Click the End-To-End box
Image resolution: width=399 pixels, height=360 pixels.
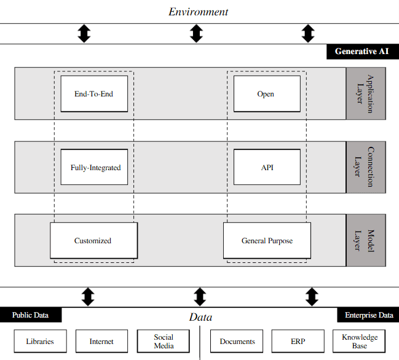(x=94, y=94)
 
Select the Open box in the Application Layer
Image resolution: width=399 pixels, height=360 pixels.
(x=266, y=94)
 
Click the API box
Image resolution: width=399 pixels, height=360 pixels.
(x=266, y=167)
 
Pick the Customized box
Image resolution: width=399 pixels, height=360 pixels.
(x=93, y=241)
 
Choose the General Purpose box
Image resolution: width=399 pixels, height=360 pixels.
(x=267, y=241)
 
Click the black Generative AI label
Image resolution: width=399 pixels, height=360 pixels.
(x=362, y=52)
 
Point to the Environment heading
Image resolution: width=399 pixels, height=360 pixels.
(x=198, y=12)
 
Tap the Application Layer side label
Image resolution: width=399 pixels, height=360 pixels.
(x=366, y=93)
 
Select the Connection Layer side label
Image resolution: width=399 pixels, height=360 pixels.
(x=366, y=166)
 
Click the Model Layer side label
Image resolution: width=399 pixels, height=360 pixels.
(x=366, y=240)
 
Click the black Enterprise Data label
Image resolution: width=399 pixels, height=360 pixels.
(x=368, y=315)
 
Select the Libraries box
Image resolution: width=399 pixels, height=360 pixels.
(x=40, y=342)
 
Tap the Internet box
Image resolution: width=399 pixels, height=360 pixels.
(x=101, y=342)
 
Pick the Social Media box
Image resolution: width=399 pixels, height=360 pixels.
(x=163, y=342)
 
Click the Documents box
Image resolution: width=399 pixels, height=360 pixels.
(x=237, y=342)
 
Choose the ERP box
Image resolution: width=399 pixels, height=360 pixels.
(x=298, y=342)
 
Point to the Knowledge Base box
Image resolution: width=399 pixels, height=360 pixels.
(x=360, y=342)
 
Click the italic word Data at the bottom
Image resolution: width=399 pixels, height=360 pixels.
(x=200, y=318)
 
